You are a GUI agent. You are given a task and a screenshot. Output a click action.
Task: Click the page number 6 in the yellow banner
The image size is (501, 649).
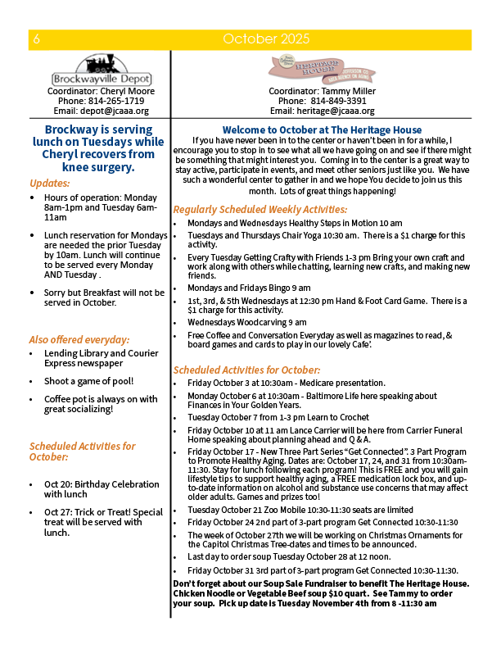coord(38,39)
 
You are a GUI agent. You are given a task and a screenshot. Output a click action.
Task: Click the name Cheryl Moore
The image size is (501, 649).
coord(125,91)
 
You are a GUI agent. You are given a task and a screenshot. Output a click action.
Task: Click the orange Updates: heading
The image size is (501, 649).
coord(50,183)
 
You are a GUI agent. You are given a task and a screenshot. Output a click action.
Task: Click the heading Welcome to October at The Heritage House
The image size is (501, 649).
coord(323,130)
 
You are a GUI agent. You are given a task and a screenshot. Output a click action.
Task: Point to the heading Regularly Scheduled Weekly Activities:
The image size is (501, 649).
coord(260,210)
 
